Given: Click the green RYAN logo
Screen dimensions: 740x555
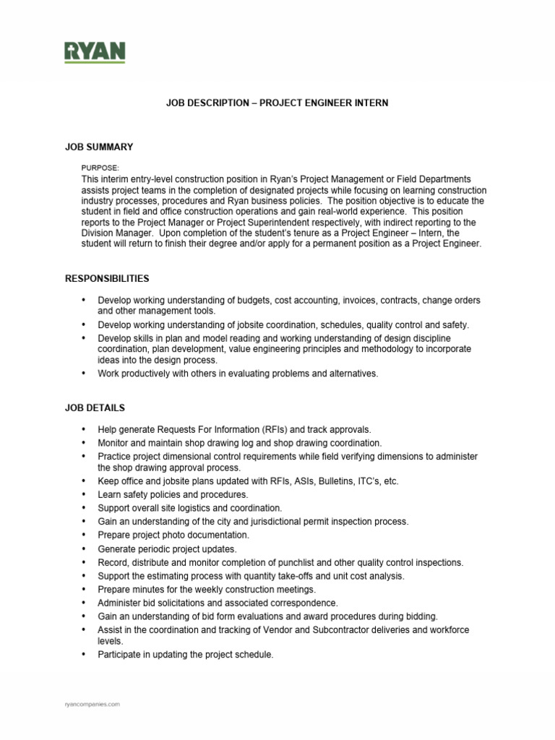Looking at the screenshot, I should pyautogui.click(x=95, y=52).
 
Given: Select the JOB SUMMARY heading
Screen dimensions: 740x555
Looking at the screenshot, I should pyautogui.click(x=99, y=147).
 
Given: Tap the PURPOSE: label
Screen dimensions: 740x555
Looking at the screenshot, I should pyautogui.click(x=100, y=167).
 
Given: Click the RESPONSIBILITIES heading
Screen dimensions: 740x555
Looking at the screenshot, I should pyautogui.click(x=108, y=278).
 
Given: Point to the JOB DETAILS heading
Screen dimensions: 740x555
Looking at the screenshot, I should pyautogui.click(x=95, y=408).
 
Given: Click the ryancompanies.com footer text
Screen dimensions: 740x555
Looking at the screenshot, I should pyautogui.click(x=92, y=703).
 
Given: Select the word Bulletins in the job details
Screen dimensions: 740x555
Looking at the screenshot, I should pyautogui.click(x=311, y=481).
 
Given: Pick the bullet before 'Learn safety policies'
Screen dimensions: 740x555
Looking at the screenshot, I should pyautogui.click(x=83, y=494).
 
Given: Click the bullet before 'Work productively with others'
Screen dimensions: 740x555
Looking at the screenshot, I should pyautogui.click(x=83, y=374).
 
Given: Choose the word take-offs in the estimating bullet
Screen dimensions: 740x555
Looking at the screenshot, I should pyautogui.click(x=292, y=577).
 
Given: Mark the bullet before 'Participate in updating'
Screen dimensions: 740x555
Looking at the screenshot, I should pyautogui.click(x=83, y=655).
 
